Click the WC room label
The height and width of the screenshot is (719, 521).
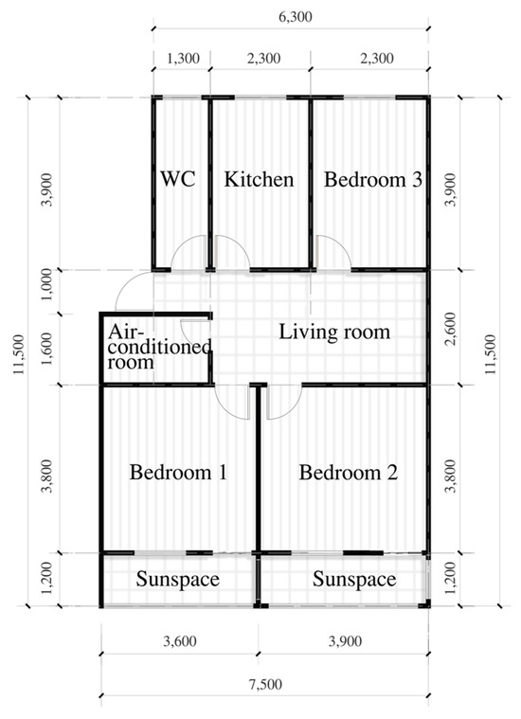pyautogui.click(x=178, y=179)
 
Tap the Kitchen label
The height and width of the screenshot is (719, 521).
pyautogui.click(x=260, y=179)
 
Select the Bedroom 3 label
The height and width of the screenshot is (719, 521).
pyautogui.click(x=373, y=179)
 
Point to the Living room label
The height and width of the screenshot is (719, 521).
pyautogui.click(x=334, y=332)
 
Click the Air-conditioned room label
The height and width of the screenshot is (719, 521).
pyautogui.click(x=159, y=347)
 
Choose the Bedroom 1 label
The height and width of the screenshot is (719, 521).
pyautogui.click(x=178, y=472)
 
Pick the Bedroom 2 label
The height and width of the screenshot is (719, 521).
pyautogui.click(x=349, y=473)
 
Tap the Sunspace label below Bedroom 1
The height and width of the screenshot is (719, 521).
pyautogui.click(x=177, y=580)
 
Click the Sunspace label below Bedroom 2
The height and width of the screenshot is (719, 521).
pyautogui.click(x=354, y=580)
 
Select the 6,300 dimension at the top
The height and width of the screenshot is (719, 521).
pyautogui.click(x=296, y=17)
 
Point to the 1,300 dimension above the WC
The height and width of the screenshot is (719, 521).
pyautogui.click(x=183, y=59)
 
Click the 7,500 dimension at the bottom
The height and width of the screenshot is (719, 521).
pyautogui.click(x=265, y=685)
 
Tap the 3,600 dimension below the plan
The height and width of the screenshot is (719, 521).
pyautogui.click(x=180, y=641)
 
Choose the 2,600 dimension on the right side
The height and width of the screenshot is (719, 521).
pyautogui.click(x=451, y=329)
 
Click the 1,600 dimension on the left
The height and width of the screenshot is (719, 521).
pyautogui.click(x=47, y=350)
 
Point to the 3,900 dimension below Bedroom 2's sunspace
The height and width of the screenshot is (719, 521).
pyautogui.click(x=345, y=641)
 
